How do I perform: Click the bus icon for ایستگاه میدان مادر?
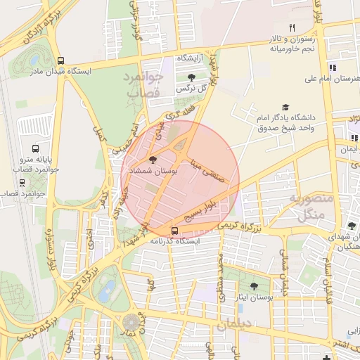[x=61, y=61]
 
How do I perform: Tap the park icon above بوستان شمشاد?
[x=153, y=160]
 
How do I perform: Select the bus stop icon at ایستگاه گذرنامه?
[x=174, y=230]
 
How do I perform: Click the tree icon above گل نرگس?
[x=192, y=77]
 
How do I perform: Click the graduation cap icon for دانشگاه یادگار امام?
[x=285, y=107]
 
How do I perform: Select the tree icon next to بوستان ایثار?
[x=254, y=285]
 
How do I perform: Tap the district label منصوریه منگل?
[x=314, y=208]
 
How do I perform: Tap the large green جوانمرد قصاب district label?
[x=143, y=84]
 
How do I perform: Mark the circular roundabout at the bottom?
[x=131, y=323]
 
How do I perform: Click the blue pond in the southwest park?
[x=107, y=290]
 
